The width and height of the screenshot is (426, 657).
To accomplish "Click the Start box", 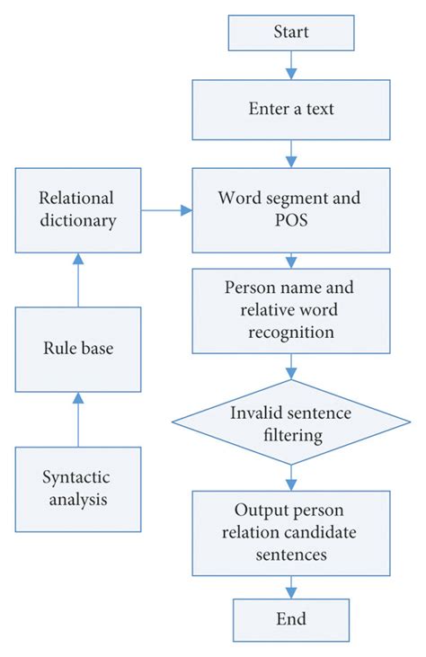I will pyautogui.click(x=290, y=32).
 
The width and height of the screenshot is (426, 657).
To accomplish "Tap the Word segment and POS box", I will pyautogui.click(x=290, y=210).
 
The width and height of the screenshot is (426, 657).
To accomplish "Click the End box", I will pyautogui.click(x=290, y=619).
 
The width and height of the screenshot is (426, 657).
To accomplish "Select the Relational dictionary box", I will pyautogui.click(x=77, y=210).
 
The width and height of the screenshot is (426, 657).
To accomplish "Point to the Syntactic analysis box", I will pyautogui.click(x=77, y=489).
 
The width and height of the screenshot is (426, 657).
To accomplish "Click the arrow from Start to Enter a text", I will pyautogui.click(x=290, y=64).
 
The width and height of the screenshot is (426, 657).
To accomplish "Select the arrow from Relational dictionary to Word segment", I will pyautogui.click(x=167, y=210).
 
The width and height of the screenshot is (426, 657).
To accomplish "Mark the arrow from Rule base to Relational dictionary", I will pyautogui.click(x=77, y=280).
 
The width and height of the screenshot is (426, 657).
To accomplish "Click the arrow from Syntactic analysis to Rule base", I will pyautogui.click(x=77, y=419).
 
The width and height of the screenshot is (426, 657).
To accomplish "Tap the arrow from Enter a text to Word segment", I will pyautogui.click(x=290, y=153).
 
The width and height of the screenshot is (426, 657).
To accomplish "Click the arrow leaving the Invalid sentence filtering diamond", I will pyautogui.click(x=290, y=475).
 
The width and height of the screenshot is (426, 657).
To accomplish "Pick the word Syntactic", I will pyautogui.click(x=77, y=477).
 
